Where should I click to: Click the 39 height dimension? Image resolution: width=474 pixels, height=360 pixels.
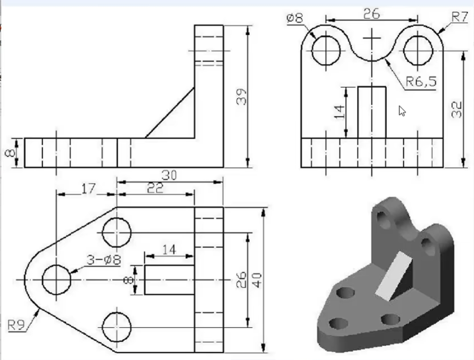click(241, 97)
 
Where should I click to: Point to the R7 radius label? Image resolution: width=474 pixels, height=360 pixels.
click(459, 17)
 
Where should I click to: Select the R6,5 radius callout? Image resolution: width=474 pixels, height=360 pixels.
click(421, 81)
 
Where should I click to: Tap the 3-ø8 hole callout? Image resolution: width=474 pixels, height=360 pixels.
click(104, 259)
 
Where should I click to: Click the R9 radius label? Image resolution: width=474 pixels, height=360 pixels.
click(16, 325)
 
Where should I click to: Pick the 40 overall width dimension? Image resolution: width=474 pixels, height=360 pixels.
click(257, 280)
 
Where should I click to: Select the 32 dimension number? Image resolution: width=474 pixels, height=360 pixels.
click(457, 109)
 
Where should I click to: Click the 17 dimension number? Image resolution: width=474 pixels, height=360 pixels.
click(89, 189)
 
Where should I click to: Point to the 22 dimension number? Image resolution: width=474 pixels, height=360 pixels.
click(155, 189)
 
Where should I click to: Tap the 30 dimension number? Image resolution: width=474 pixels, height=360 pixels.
click(169, 175)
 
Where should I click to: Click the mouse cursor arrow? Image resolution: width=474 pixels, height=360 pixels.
click(402, 111)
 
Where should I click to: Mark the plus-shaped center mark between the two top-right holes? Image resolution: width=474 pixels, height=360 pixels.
click(372, 38)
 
